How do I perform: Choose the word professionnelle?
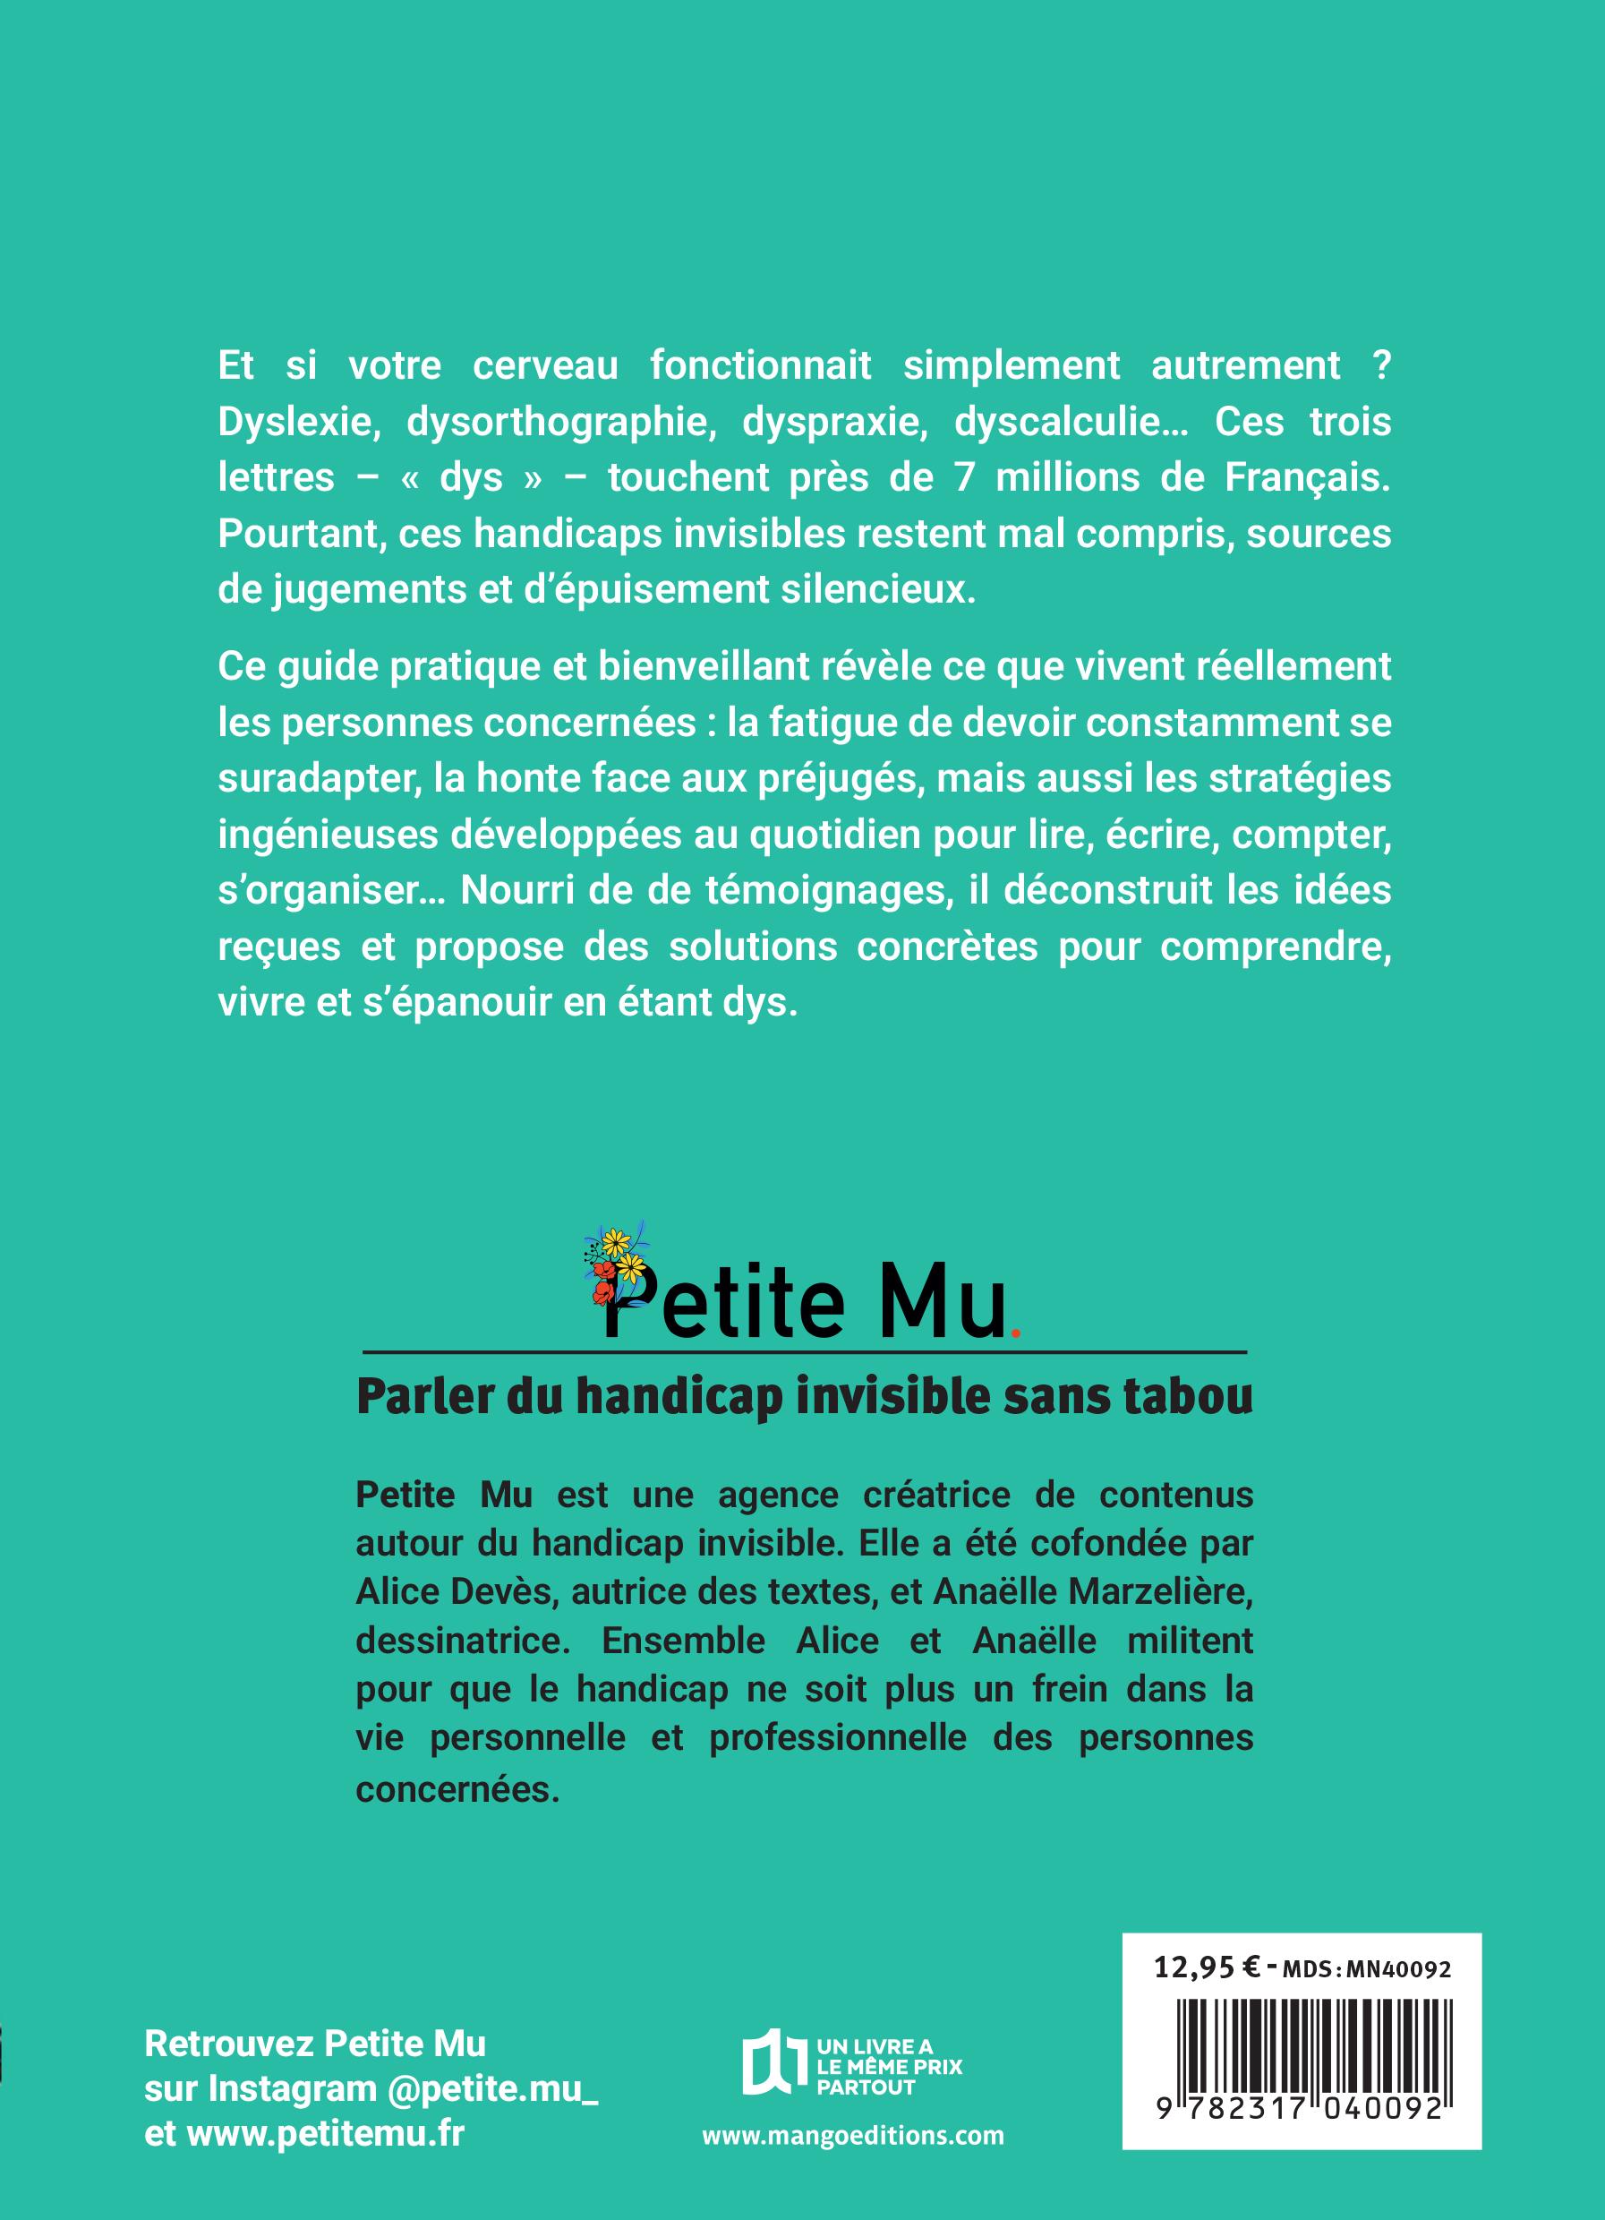coord(838,1738)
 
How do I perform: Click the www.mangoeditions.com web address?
coord(852,2137)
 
